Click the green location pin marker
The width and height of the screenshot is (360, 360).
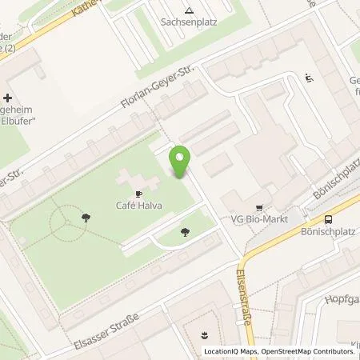coord(182,163)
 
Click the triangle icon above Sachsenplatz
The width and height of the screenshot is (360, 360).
coord(190,11)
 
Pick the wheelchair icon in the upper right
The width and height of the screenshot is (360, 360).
coord(310,78)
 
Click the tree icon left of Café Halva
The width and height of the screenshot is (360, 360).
coord(86,215)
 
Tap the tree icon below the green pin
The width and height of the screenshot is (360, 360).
coord(186,232)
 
